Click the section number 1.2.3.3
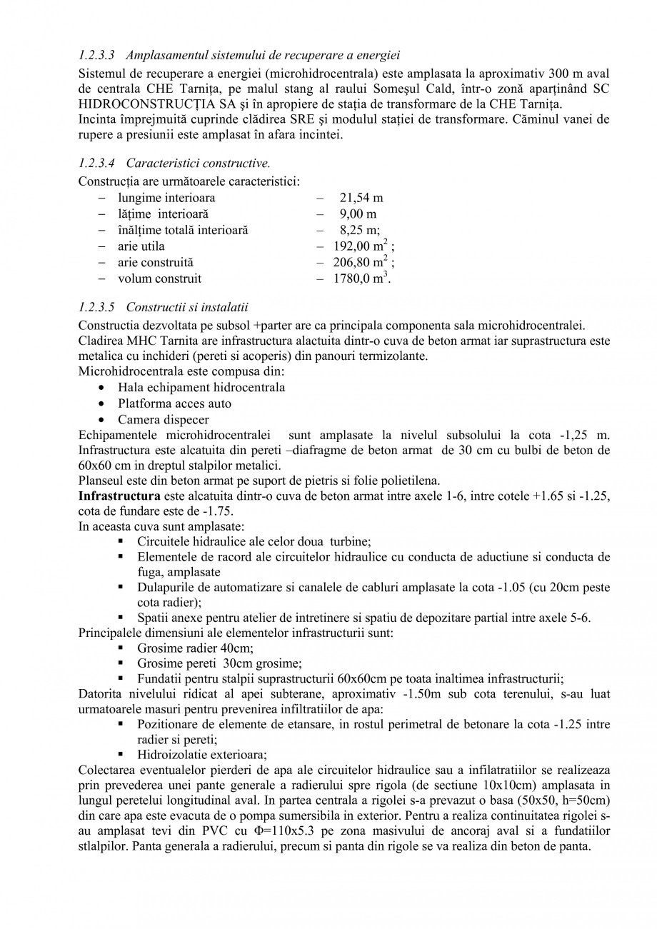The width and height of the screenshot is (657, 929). click(99, 55)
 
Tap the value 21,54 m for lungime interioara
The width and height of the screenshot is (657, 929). click(361, 198)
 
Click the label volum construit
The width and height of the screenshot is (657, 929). click(159, 278)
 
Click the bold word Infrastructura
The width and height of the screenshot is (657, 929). click(119, 496)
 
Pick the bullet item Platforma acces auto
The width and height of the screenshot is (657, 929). click(174, 403)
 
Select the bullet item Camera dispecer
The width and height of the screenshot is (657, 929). click(163, 420)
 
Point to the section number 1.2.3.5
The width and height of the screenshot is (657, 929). click(99, 307)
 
